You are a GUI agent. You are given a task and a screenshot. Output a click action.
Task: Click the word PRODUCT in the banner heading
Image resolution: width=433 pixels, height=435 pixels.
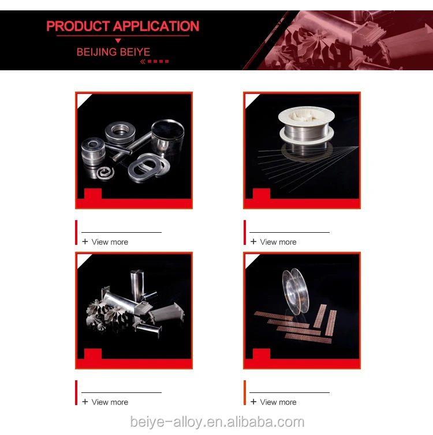tap(78, 26)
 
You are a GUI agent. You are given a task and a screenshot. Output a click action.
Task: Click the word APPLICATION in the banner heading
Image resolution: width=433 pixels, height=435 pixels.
tap(156, 26)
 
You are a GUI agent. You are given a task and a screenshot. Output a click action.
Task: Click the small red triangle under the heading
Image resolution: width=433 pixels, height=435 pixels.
tap(118, 41)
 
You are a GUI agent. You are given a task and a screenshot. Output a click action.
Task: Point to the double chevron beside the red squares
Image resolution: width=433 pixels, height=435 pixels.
tap(143, 62)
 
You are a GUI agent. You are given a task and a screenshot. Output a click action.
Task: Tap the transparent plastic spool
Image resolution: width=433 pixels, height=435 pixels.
tap(295, 292)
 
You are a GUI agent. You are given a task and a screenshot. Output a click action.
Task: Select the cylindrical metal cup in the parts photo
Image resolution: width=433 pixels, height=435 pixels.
tap(167, 137)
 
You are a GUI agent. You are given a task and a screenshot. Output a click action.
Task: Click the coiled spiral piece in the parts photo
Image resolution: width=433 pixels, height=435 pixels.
tap(106, 172)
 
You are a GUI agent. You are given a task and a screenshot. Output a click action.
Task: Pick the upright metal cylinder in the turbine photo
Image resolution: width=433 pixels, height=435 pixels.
tap(137, 285)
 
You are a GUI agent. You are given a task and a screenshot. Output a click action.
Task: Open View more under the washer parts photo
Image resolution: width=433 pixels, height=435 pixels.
tap(110, 242)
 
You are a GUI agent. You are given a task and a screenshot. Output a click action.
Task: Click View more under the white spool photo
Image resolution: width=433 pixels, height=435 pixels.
tap(278, 242)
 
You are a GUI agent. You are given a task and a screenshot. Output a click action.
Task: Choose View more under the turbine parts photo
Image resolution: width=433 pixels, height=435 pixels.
tap(110, 402)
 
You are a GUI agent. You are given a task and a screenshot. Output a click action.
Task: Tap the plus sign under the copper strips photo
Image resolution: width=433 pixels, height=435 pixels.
tap(253, 402)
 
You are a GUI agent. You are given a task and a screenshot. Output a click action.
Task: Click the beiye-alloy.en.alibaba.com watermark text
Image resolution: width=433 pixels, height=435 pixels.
tap(217, 422)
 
